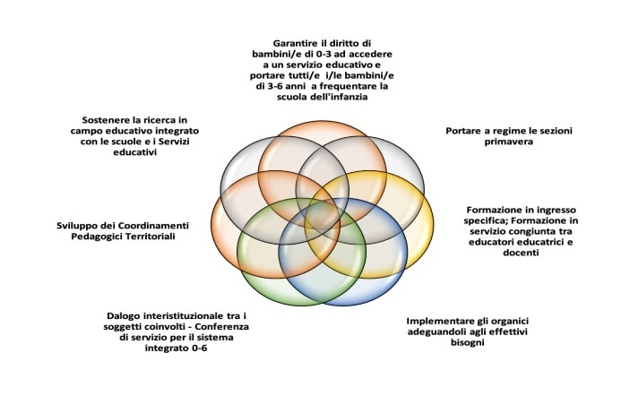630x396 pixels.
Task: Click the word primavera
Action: click(x=508, y=142)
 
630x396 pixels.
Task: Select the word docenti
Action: click(x=521, y=253)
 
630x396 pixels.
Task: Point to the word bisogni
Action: click(x=467, y=342)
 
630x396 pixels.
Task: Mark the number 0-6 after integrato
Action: click(x=199, y=348)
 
